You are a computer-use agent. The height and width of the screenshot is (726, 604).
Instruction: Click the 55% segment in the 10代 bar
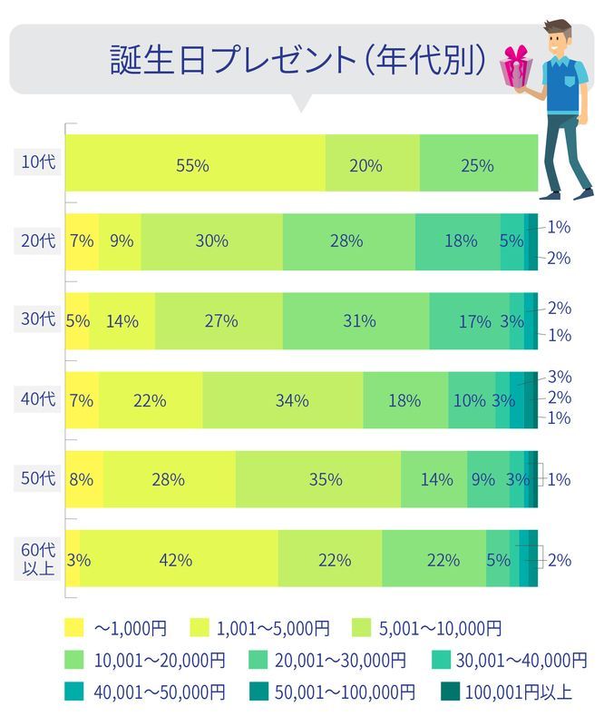click(x=194, y=165)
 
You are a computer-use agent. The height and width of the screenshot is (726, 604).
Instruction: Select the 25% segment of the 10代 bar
click(x=477, y=165)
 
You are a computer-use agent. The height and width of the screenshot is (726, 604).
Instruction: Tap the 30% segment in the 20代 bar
click(x=211, y=241)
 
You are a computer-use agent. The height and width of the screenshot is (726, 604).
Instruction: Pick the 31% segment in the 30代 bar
click(x=355, y=320)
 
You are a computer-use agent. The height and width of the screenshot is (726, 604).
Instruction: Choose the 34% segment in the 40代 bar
click(x=282, y=399)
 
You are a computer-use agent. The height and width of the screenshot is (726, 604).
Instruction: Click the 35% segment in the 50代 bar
click(x=317, y=479)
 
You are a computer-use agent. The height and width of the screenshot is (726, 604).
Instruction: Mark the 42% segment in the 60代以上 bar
click(x=178, y=559)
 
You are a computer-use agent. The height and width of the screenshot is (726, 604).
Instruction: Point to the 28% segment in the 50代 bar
click(x=169, y=479)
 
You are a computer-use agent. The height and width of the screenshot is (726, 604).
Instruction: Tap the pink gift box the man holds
click(x=516, y=65)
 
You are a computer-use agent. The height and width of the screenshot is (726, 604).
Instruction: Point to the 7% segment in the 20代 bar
click(x=82, y=241)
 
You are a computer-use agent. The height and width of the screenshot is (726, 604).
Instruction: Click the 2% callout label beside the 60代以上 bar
click(x=560, y=559)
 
